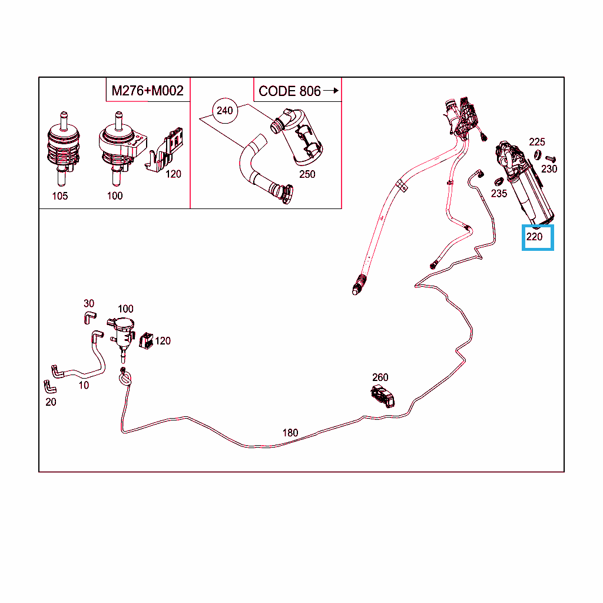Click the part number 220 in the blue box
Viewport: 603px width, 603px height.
point(534,237)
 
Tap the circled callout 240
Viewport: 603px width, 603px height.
point(225,111)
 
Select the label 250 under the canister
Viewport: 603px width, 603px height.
point(307,174)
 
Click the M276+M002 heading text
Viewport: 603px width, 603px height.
point(147,91)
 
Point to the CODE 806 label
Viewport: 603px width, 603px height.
point(290,91)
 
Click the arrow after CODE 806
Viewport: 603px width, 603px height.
point(331,91)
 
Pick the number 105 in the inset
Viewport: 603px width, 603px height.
point(60,196)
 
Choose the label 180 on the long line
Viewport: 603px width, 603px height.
point(290,433)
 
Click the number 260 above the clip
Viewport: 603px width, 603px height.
point(380,377)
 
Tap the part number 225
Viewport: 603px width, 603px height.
point(537,143)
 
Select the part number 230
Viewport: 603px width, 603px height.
point(549,169)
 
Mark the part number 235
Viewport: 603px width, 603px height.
point(499,194)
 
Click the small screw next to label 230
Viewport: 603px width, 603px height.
point(551,158)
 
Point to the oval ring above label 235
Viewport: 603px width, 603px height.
point(498,181)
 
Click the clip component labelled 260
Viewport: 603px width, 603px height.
point(383,396)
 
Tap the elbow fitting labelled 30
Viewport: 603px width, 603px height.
point(90,317)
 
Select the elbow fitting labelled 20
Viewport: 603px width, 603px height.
point(49,387)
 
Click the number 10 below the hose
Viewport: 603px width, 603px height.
point(84,385)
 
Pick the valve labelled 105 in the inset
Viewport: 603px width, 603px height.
point(64,148)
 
